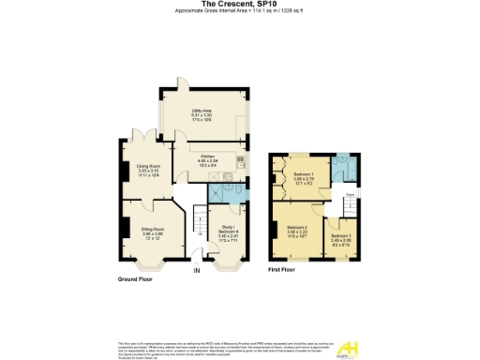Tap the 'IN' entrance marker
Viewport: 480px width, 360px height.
197,271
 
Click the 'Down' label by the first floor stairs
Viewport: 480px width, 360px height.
348,195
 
